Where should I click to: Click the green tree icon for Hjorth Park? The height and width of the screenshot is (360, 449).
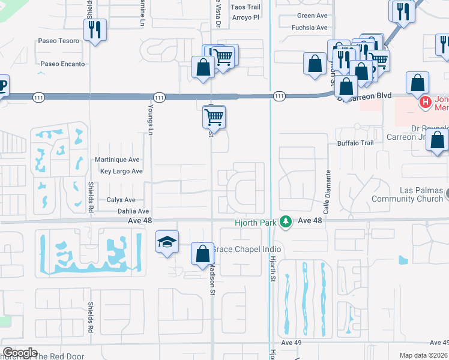[286, 221]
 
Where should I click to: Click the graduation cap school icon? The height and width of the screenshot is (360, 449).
[167, 242]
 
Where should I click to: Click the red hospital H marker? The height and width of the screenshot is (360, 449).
[426, 103]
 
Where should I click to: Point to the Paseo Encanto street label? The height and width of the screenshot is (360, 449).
[62, 64]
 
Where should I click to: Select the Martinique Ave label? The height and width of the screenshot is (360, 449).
[117, 160]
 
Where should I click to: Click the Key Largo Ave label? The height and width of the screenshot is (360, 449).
[121, 171]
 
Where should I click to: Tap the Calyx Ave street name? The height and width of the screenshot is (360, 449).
[121, 200]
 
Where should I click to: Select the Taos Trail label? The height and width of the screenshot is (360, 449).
[246, 7]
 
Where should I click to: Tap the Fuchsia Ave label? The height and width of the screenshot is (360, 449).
[309, 28]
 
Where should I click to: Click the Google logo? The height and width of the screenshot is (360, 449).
[20, 352]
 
